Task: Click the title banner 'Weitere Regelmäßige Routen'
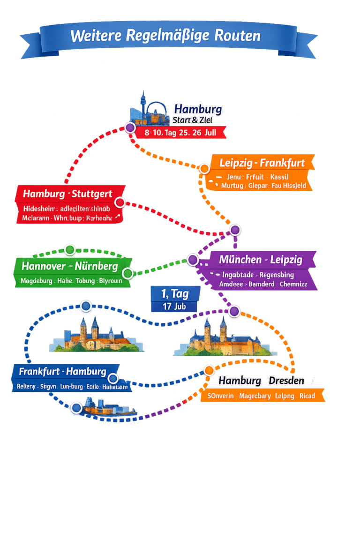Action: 165,36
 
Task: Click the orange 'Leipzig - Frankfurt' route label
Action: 262,163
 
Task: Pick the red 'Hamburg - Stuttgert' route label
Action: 67,194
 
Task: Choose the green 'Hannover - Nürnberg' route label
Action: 69,266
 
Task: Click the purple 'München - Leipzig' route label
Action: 261,259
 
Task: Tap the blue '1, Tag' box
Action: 175,294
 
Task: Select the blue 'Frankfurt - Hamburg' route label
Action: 62,372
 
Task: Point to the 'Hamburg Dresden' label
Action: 261,381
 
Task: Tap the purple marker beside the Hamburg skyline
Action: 130,127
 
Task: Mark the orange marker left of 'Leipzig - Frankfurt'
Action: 204,169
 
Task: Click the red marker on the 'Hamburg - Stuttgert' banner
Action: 120,202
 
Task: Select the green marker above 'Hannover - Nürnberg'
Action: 70,249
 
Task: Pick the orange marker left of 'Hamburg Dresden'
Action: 209,370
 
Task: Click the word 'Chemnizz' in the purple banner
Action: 293,284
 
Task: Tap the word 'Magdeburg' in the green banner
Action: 37,281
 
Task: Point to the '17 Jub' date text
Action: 174,307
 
